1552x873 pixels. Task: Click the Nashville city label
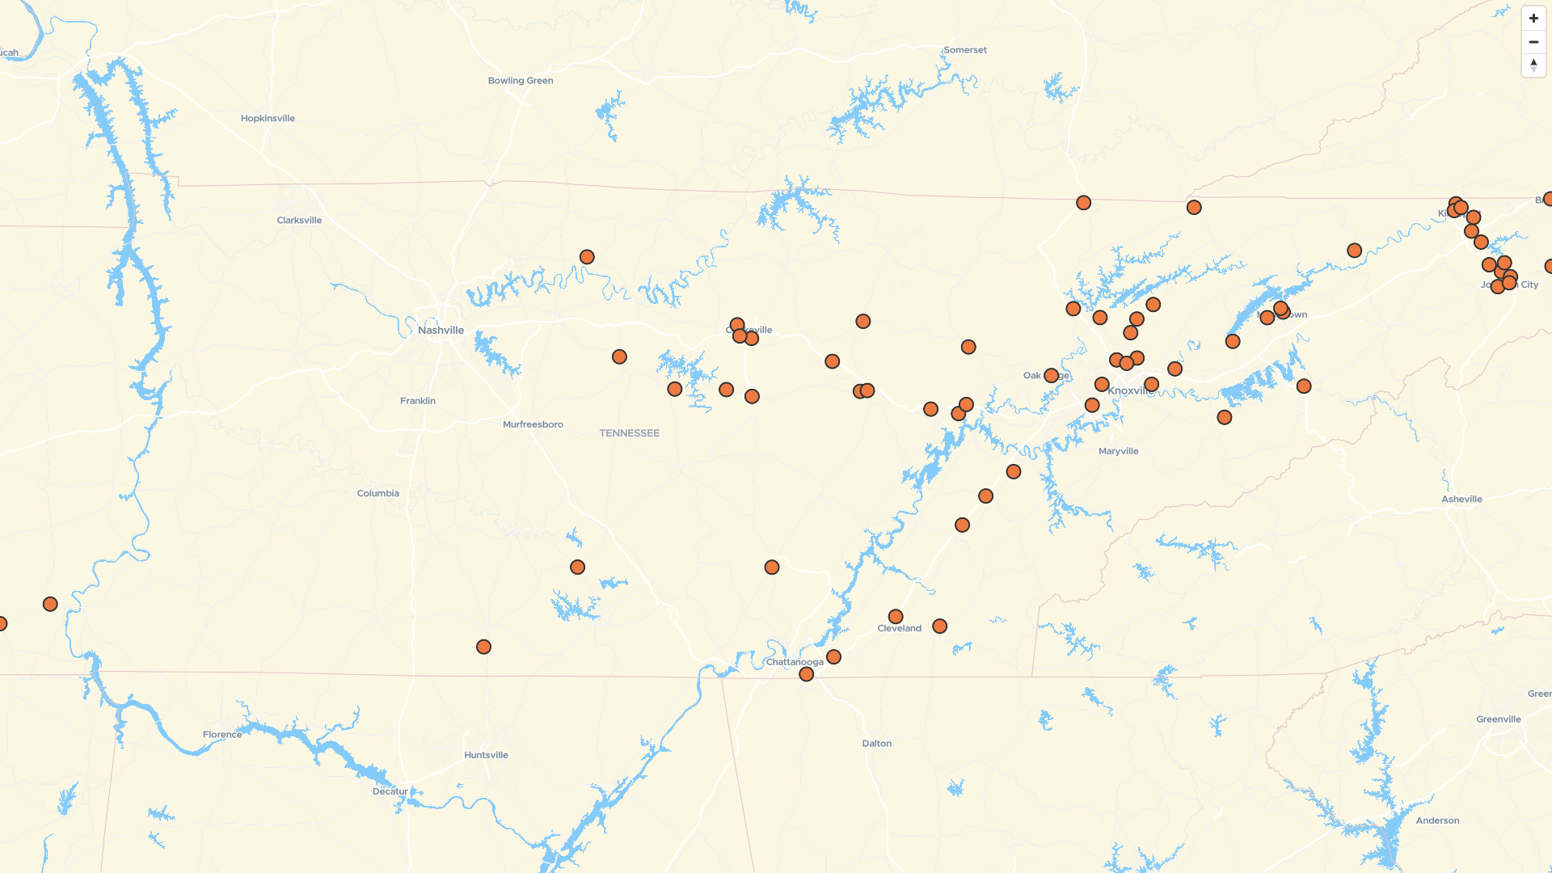pyautogui.click(x=441, y=330)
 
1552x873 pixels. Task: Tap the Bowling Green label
pyautogui.click(x=521, y=81)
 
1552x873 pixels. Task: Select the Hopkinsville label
pyautogui.click(x=268, y=118)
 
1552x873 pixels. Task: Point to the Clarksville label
pyautogui.click(x=299, y=220)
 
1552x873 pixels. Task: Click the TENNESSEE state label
pyautogui.click(x=629, y=433)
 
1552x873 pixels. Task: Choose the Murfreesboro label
pyautogui.click(x=533, y=424)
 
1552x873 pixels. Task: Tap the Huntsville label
pyautogui.click(x=486, y=755)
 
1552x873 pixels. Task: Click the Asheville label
pyautogui.click(x=1461, y=499)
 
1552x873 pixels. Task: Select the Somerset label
pyautogui.click(x=965, y=50)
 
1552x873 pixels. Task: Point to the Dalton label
pyautogui.click(x=876, y=743)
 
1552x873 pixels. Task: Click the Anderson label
pyautogui.click(x=1437, y=820)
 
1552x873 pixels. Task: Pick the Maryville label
pyautogui.click(x=1118, y=451)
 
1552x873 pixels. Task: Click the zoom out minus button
pyautogui.click(x=1533, y=42)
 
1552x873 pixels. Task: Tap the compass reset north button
pyautogui.click(x=1533, y=65)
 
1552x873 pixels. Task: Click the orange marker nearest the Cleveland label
pyautogui.click(x=896, y=617)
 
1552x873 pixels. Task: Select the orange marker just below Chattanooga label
pyautogui.click(x=806, y=674)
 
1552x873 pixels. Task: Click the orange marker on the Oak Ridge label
pyautogui.click(x=1051, y=375)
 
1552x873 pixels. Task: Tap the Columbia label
pyautogui.click(x=377, y=493)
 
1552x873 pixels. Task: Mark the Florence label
pyautogui.click(x=222, y=734)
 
